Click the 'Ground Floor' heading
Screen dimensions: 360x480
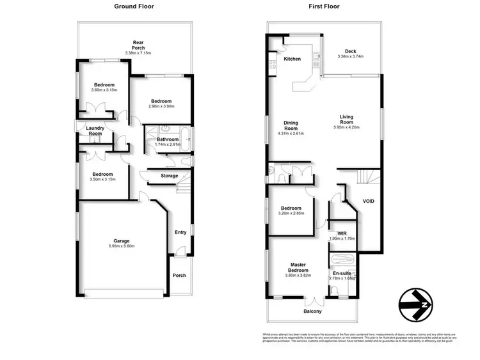click(134, 6)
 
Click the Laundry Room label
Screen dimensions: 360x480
click(95, 130)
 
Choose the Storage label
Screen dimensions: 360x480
click(169, 176)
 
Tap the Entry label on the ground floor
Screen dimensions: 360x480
click(181, 232)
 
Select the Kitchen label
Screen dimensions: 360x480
click(292, 59)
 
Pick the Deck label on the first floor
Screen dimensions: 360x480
click(350, 51)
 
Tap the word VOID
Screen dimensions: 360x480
click(368, 201)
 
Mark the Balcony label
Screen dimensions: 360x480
click(312, 311)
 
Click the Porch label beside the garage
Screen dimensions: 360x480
click(180, 276)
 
